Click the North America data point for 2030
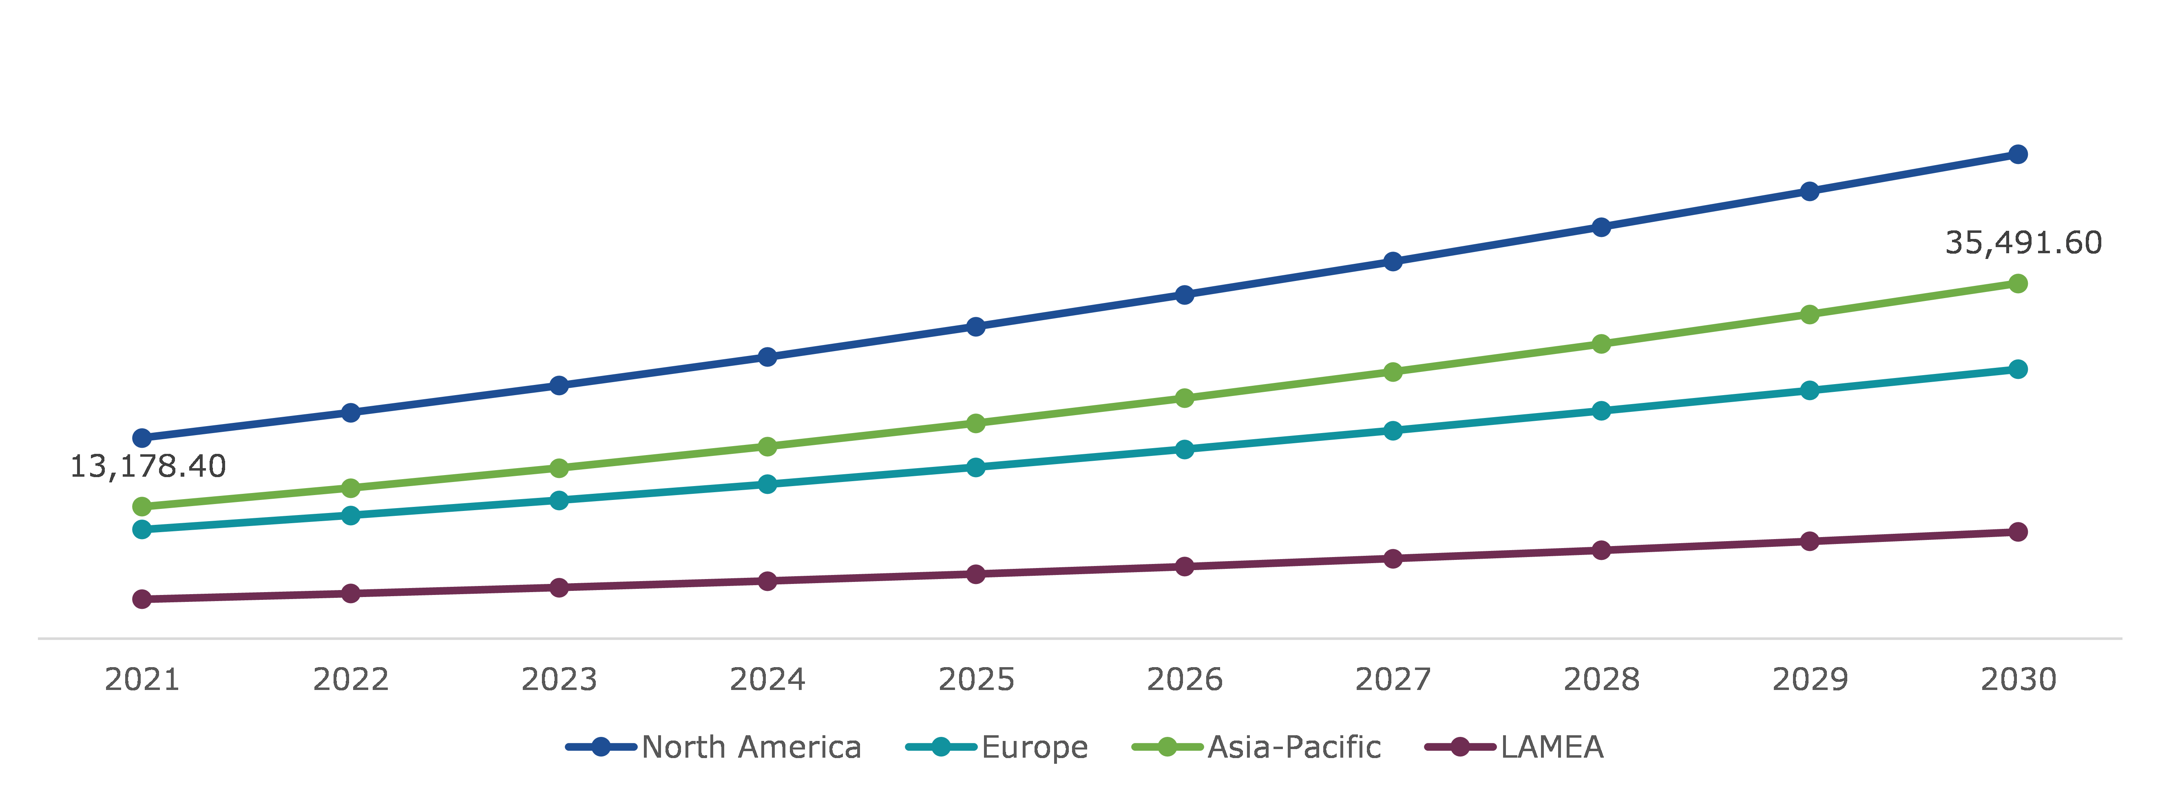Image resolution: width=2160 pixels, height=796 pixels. [2017, 154]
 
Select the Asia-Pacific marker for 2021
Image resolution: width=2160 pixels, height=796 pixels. [142, 506]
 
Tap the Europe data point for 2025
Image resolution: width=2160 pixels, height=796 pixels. [975, 467]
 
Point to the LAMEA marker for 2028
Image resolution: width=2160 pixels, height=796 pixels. [1601, 550]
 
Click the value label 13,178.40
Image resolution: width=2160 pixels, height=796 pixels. [148, 467]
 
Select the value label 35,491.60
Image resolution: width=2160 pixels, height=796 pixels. [2023, 242]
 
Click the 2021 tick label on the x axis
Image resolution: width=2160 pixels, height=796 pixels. [142, 679]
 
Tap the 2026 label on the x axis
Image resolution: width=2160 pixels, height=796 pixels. [1184, 679]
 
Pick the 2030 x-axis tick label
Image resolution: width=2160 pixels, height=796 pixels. [2017, 679]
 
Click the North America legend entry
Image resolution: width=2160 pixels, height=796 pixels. [714, 747]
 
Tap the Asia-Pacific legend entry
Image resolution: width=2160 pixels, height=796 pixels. [1256, 747]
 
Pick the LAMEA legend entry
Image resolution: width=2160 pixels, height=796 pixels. [1514, 747]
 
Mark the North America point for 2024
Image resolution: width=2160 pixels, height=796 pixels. [767, 357]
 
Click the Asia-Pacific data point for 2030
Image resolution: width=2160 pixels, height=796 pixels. [2017, 283]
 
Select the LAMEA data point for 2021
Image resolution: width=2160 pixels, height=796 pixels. [142, 599]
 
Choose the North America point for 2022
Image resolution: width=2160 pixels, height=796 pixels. [351, 413]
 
